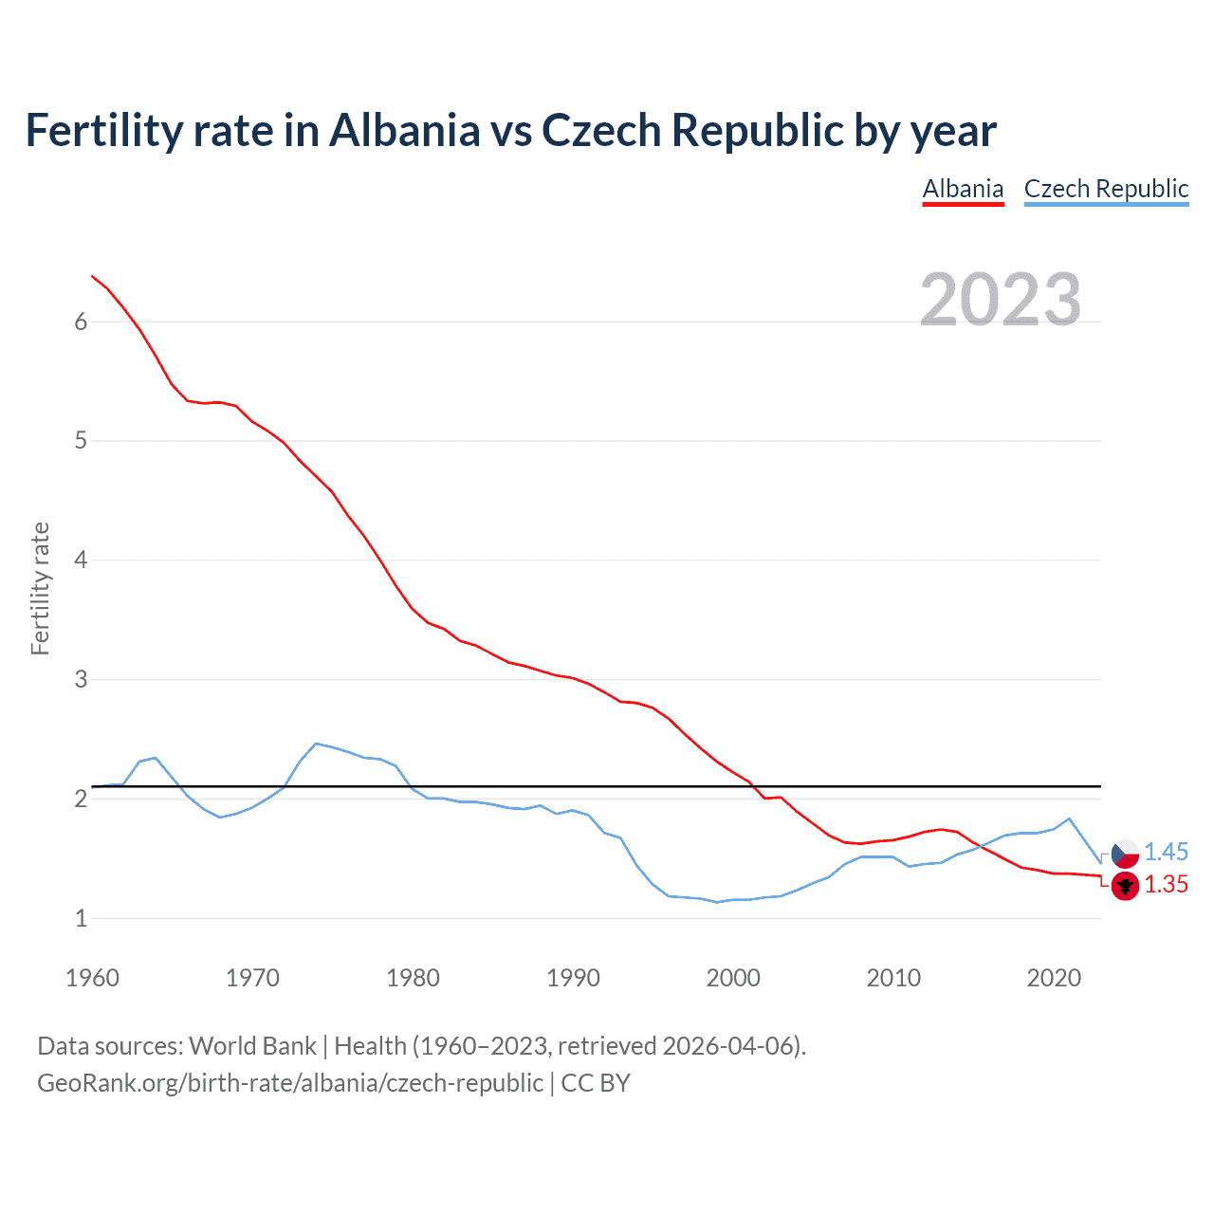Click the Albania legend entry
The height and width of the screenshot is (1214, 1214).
pyautogui.click(x=963, y=189)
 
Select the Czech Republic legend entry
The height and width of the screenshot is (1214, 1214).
pyautogui.click(x=1106, y=189)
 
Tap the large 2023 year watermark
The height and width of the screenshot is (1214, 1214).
pyautogui.click(x=1001, y=300)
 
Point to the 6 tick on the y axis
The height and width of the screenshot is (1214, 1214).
pyautogui.click(x=81, y=322)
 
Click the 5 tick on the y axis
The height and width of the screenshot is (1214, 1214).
pyautogui.click(x=81, y=441)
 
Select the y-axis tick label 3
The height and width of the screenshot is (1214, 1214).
pyautogui.click(x=81, y=680)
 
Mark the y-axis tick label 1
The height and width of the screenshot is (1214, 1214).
pyautogui.click(x=81, y=919)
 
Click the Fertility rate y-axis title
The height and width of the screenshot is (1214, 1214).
pyautogui.click(x=40, y=588)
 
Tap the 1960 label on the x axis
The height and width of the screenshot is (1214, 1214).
pyautogui.click(x=92, y=978)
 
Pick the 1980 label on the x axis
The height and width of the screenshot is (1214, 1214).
pyautogui.click(x=413, y=978)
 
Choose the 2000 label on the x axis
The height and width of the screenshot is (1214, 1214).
pyautogui.click(x=733, y=978)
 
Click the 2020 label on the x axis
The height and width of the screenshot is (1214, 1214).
pyautogui.click(x=1054, y=978)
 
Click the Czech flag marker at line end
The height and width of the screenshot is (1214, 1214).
pyautogui.click(x=1125, y=854)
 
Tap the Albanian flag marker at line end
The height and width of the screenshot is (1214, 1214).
pyautogui.click(x=1125, y=886)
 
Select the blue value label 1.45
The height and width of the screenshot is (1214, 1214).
pyautogui.click(x=1166, y=852)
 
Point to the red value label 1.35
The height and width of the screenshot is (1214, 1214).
pyautogui.click(x=1166, y=884)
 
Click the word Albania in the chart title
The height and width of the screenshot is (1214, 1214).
pyautogui.click(x=405, y=130)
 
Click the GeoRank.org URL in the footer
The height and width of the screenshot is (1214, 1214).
pyautogui.click(x=289, y=1083)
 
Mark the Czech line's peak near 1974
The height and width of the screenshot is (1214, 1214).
pyautogui.click(x=316, y=744)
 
